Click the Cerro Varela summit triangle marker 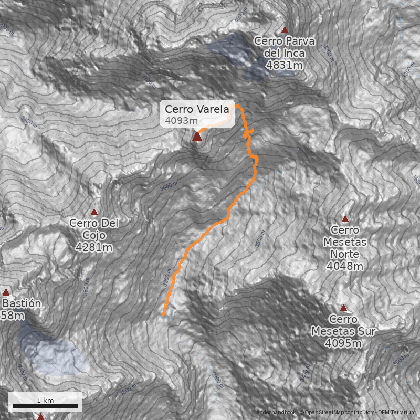click(197, 137)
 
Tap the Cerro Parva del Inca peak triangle click(285, 30)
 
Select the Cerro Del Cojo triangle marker click(94, 212)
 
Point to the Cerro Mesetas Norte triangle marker click(345, 218)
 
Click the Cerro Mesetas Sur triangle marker click(344, 308)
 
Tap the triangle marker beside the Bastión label click(6, 292)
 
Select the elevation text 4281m click(94, 246)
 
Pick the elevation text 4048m click(345, 266)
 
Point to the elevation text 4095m click(344, 343)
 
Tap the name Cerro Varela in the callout click(197, 109)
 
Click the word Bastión click(23, 303)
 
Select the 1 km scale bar click(45, 406)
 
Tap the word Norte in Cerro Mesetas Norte click(345, 254)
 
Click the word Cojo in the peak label click(94, 235)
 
